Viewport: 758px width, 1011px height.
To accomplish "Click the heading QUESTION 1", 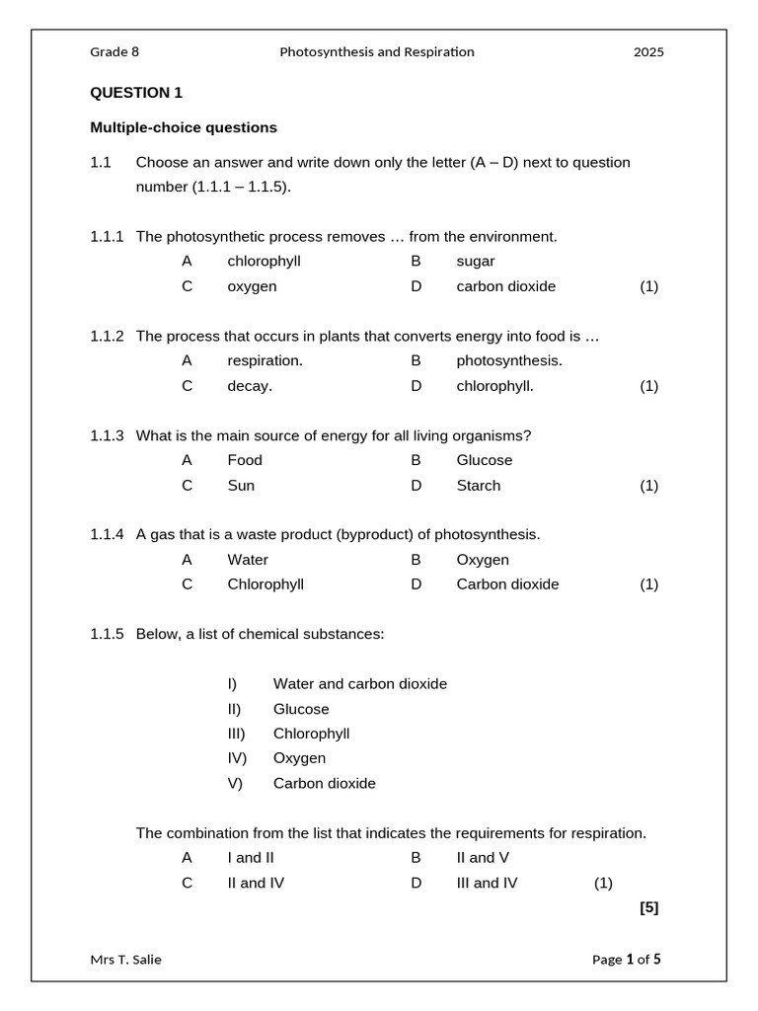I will [x=136, y=93].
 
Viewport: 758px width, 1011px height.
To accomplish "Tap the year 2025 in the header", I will [x=648, y=52].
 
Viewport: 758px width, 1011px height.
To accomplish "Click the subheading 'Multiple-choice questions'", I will [x=184, y=127].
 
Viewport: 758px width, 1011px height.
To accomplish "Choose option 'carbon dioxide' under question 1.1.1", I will [x=505, y=286].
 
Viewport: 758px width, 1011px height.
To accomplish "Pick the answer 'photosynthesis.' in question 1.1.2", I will [x=509, y=360].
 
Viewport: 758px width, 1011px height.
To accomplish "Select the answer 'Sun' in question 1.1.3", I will [x=241, y=485].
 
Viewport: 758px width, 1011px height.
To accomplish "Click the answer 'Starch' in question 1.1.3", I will [x=478, y=485].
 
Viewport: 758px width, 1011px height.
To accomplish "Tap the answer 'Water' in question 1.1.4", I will [x=248, y=560].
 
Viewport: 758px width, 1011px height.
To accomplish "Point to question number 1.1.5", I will [x=107, y=634].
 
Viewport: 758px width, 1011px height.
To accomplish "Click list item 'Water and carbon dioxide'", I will [x=359, y=683].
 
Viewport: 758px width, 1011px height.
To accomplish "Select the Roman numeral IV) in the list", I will [x=237, y=758].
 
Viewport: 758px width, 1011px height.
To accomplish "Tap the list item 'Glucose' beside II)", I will [x=301, y=709].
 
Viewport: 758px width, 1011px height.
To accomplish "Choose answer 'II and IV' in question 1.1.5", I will [x=256, y=883].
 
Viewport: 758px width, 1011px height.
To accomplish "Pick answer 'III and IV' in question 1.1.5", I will [x=487, y=883].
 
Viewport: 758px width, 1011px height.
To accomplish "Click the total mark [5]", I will [x=648, y=907].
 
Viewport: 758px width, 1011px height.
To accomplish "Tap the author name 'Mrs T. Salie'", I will [x=126, y=959].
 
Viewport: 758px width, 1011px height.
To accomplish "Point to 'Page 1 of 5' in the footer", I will [x=627, y=959].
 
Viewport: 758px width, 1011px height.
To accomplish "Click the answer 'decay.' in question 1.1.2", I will [x=250, y=386].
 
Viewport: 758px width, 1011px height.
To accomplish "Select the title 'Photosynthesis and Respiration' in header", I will [x=377, y=52].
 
